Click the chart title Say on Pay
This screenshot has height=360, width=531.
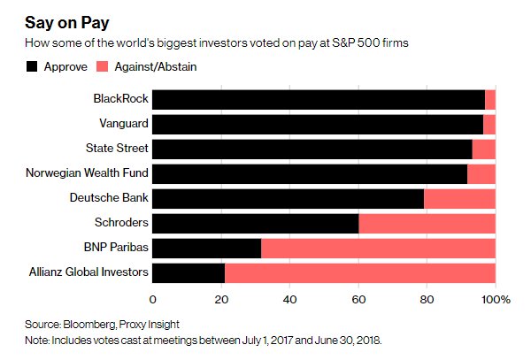(67, 24)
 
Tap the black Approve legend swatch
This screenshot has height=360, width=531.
(32, 66)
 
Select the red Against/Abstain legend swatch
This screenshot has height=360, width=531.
(103, 66)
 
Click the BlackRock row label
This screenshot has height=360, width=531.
(121, 98)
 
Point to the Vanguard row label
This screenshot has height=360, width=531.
(124, 124)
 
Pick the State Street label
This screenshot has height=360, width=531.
(117, 148)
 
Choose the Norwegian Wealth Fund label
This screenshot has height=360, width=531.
(87, 172)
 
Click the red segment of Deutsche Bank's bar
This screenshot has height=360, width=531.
(459, 199)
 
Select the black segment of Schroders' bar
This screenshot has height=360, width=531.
(256, 223)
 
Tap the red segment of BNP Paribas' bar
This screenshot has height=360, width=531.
(378, 248)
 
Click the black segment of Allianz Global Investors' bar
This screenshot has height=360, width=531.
(189, 273)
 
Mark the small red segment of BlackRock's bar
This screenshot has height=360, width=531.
(490, 100)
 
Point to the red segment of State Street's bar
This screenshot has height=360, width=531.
(484, 149)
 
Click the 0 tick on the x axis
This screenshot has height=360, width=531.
(153, 300)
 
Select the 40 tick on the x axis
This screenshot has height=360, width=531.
(290, 300)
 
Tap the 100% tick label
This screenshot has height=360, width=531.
(496, 300)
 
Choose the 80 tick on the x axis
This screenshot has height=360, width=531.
(427, 300)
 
